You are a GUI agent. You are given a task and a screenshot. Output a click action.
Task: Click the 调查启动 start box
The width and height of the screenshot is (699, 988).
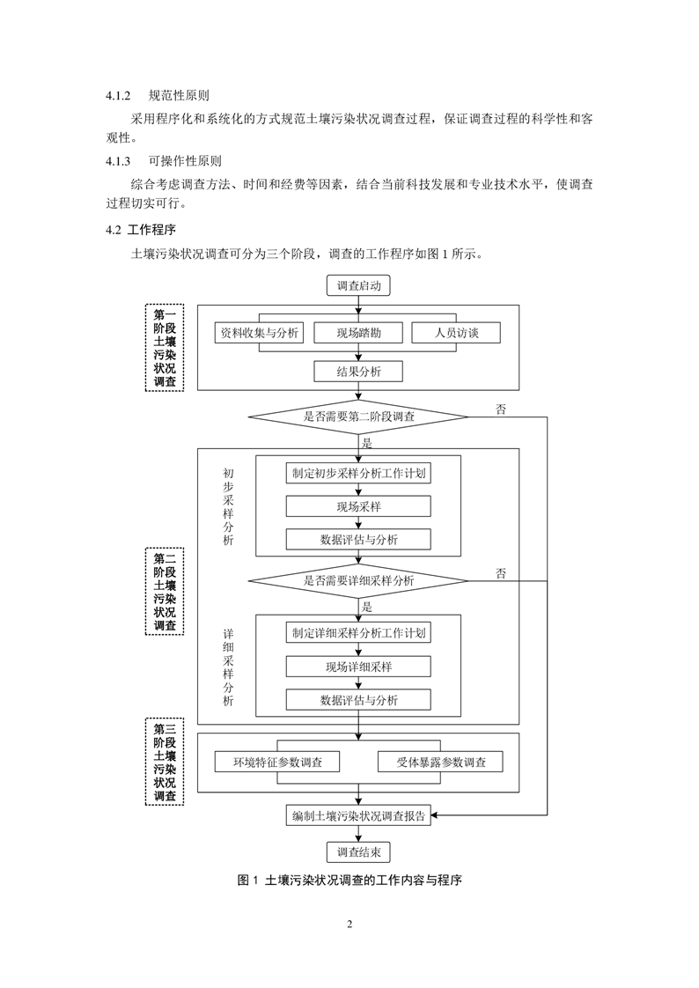click(358, 285)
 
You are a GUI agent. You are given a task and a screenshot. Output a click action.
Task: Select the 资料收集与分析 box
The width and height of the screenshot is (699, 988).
click(259, 333)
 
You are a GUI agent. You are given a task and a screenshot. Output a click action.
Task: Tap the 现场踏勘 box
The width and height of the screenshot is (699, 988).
click(358, 333)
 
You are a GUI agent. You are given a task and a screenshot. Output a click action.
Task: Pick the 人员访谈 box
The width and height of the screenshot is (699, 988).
click(457, 333)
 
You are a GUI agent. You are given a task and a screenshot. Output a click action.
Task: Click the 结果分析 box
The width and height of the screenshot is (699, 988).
click(358, 372)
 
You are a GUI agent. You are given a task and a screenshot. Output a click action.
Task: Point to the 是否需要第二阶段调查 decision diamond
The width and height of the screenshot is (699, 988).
click(358, 417)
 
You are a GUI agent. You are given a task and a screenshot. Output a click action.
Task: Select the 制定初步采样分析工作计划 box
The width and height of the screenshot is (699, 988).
click(358, 473)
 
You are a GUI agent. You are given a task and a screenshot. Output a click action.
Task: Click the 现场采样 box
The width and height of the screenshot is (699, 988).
click(358, 506)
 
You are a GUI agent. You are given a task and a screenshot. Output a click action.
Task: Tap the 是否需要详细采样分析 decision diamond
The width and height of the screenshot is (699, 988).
click(358, 580)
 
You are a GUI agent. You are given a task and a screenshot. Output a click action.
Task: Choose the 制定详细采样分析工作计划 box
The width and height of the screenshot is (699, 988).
click(358, 633)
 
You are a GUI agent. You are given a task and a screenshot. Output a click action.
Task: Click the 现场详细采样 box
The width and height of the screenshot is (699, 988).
click(358, 667)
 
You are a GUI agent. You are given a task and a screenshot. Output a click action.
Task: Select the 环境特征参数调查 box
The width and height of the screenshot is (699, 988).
click(277, 762)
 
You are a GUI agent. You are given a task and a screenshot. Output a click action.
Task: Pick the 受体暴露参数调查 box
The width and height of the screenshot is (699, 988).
click(441, 762)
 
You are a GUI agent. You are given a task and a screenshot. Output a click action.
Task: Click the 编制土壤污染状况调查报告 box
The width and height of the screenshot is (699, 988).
click(358, 816)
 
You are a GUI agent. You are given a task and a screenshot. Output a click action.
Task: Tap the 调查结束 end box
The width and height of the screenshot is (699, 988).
click(358, 852)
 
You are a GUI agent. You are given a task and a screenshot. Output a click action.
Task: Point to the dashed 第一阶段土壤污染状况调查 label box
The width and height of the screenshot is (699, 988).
click(165, 348)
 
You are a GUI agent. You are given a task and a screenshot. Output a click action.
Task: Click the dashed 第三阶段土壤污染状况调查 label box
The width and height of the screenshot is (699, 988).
click(165, 762)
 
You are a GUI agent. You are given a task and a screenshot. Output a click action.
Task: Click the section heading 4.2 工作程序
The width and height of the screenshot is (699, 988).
click(141, 230)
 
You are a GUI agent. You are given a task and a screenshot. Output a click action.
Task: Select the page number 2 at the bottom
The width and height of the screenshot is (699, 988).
click(349, 925)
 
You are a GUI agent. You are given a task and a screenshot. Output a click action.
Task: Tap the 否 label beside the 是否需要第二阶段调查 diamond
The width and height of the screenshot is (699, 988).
click(501, 409)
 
